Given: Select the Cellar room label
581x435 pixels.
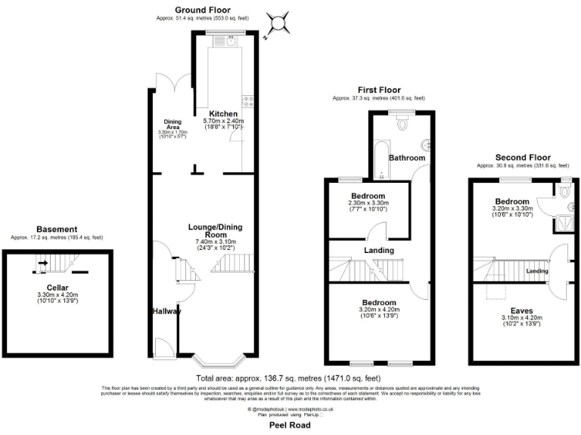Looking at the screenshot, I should pyautogui.click(x=57, y=287).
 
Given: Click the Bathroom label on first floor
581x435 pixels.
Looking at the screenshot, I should pyautogui.click(x=407, y=158).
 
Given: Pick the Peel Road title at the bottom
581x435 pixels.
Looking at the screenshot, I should pyautogui.click(x=290, y=425).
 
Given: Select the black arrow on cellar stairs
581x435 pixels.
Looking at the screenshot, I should pyautogui.click(x=42, y=264).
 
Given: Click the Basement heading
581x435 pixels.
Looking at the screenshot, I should pyautogui.click(x=57, y=230).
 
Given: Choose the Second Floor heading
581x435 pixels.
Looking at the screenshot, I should pyautogui.click(x=521, y=157).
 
